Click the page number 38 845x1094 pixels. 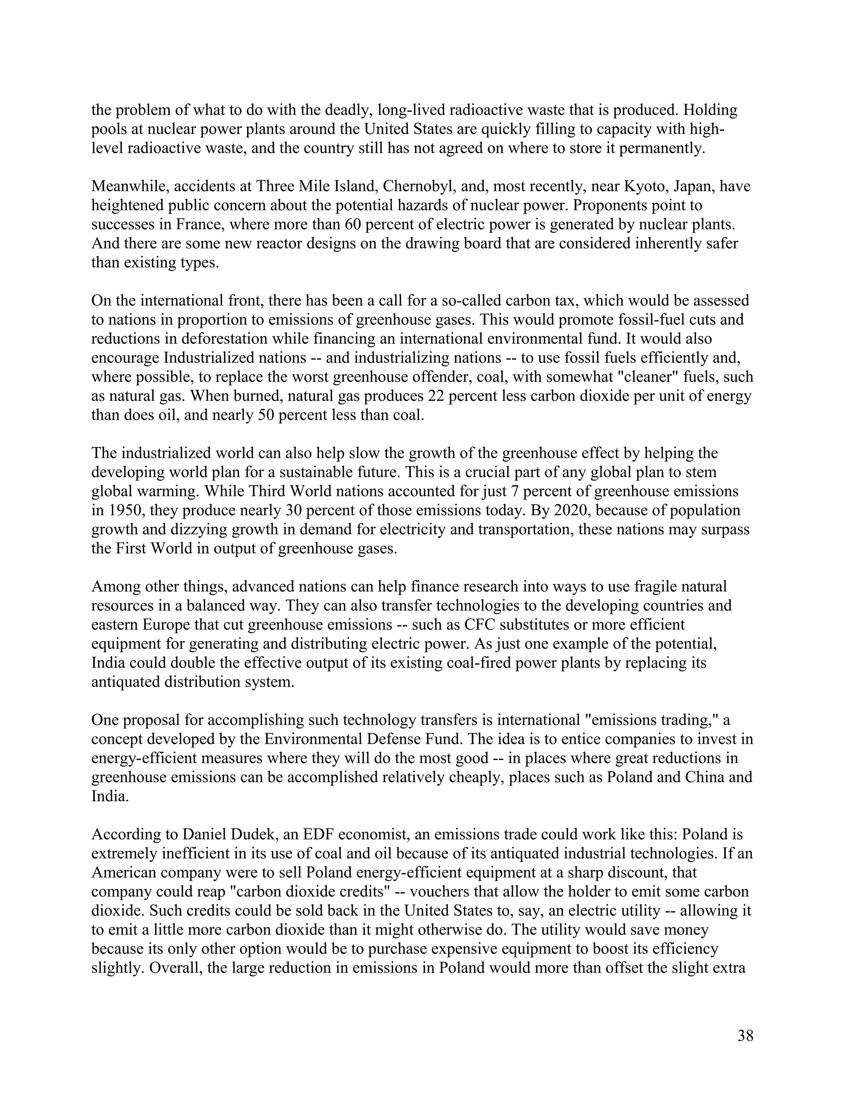click(x=745, y=1035)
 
